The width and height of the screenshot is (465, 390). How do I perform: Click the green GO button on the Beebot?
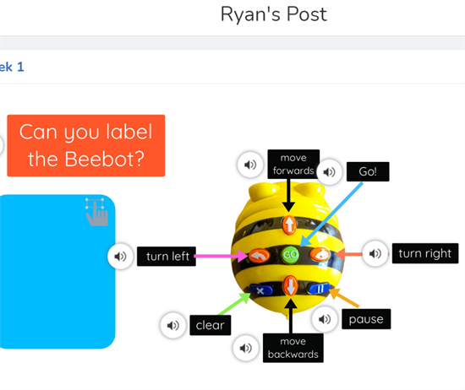point(290,255)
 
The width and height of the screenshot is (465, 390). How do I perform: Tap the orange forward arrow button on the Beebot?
point(289,225)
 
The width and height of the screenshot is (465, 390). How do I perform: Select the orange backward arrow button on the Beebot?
point(290,286)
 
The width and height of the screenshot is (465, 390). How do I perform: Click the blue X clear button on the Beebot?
point(260,290)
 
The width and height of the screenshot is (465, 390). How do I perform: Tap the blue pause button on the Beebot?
point(319,289)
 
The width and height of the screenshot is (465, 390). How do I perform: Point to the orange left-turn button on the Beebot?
point(259,256)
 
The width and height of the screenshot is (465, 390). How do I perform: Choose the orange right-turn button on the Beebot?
point(320,254)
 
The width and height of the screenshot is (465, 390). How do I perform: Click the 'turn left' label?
point(167,256)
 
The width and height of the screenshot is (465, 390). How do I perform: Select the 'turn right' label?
point(425,253)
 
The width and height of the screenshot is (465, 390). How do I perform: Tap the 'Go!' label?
point(368,171)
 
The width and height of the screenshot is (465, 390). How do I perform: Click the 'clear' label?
point(211,325)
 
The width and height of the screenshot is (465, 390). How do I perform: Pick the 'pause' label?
point(366,319)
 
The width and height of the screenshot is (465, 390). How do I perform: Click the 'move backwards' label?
point(293,348)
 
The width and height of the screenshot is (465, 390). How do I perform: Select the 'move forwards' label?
point(293,164)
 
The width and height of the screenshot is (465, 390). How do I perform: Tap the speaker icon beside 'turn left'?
point(120,256)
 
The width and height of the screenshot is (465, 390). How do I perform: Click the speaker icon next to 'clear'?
point(172,326)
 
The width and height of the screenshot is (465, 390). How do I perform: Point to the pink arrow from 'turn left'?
point(222,256)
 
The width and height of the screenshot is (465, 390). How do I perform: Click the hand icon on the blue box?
point(96,212)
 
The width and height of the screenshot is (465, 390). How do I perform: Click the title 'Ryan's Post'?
point(273,14)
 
